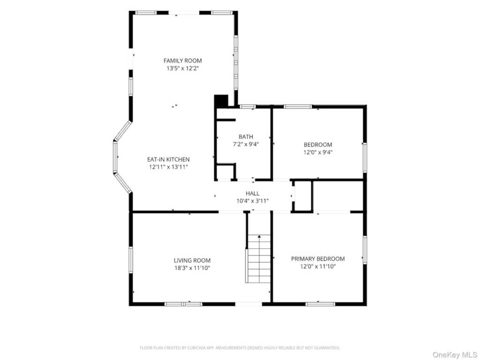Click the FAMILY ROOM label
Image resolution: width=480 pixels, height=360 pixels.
click(x=182, y=60)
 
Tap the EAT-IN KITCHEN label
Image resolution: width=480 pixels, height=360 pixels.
click(x=168, y=159)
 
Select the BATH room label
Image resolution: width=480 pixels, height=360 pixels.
click(x=246, y=137)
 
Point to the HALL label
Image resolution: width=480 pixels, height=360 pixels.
click(x=253, y=194)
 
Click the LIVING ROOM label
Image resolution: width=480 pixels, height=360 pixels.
click(x=192, y=261)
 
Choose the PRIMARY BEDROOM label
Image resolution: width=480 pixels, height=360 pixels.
click(x=318, y=259)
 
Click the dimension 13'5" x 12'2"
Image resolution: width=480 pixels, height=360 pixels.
click(x=183, y=68)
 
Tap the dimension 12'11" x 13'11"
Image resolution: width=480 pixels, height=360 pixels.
click(x=168, y=167)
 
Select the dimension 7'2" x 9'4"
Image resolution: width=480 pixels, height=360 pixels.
click(x=246, y=144)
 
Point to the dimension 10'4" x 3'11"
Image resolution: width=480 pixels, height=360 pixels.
click(x=253, y=201)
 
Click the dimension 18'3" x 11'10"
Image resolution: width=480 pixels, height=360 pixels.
click(x=192, y=268)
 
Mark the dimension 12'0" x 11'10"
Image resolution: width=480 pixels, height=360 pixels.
click(x=318, y=267)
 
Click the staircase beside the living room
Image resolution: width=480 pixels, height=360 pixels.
click(x=259, y=259)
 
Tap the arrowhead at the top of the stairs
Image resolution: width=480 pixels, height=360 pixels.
click(x=259, y=236)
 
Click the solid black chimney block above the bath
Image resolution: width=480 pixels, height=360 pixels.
click(x=221, y=101)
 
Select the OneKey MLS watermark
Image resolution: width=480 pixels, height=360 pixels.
click(x=455, y=355)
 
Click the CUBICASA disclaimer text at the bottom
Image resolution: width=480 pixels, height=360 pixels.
click(x=240, y=348)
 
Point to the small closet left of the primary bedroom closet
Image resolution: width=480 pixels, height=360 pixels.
click(x=302, y=196)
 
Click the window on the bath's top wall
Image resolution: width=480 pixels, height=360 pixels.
click(x=247, y=107)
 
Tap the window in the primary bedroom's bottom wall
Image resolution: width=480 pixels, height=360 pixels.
click(x=321, y=304)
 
